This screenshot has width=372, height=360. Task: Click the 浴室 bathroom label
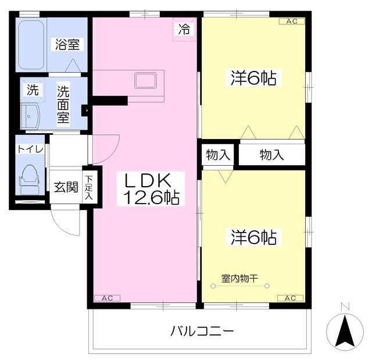[x=67, y=44]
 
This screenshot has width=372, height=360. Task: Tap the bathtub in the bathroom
[x=31, y=45]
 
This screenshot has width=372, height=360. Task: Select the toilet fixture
[x=29, y=179]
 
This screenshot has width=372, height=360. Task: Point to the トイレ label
[x=30, y=149]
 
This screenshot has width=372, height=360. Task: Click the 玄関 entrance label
[x=66, y=187]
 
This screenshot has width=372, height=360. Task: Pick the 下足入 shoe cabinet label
[x=89, y=187]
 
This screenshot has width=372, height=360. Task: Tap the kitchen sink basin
[x=145, y=81]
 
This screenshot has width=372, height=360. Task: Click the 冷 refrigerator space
[x=184, y=30]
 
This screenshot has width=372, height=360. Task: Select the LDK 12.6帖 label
[x=151, y=188]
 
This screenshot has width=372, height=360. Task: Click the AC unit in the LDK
[x=107, y=298]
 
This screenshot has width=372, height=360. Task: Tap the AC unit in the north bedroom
[x=292, y=22]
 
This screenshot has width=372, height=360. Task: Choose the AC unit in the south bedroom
[x=291, y=298]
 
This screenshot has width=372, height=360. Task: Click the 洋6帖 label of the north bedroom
[x=253, y=78]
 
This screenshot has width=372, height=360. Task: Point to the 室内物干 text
[x=239, y=279]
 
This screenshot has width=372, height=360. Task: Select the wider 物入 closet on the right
[x=271, y=155]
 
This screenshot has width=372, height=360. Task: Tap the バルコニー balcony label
[x=202, y=331]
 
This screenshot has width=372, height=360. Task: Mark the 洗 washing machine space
[x=33, y=90]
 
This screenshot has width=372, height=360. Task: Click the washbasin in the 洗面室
[x=30, y=116]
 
